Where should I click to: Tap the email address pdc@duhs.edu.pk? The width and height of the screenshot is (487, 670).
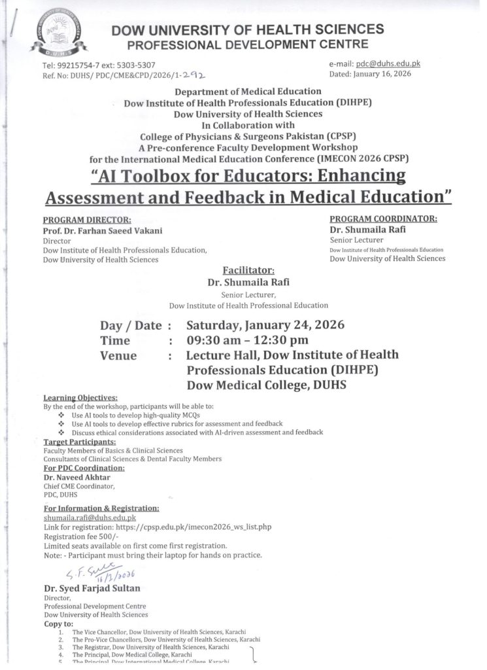click(x=387, y=63)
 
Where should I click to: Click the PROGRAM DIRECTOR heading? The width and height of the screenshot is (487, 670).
click(x=87, y=220)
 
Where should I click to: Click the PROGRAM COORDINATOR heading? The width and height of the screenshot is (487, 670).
click(x=383, y=219)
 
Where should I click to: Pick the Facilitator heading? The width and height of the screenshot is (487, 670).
click(x=249, y=270)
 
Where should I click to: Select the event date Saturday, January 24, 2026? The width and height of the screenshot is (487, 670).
click(x=265, y=325)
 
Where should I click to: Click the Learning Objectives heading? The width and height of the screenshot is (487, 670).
click(x=80, y=398)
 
